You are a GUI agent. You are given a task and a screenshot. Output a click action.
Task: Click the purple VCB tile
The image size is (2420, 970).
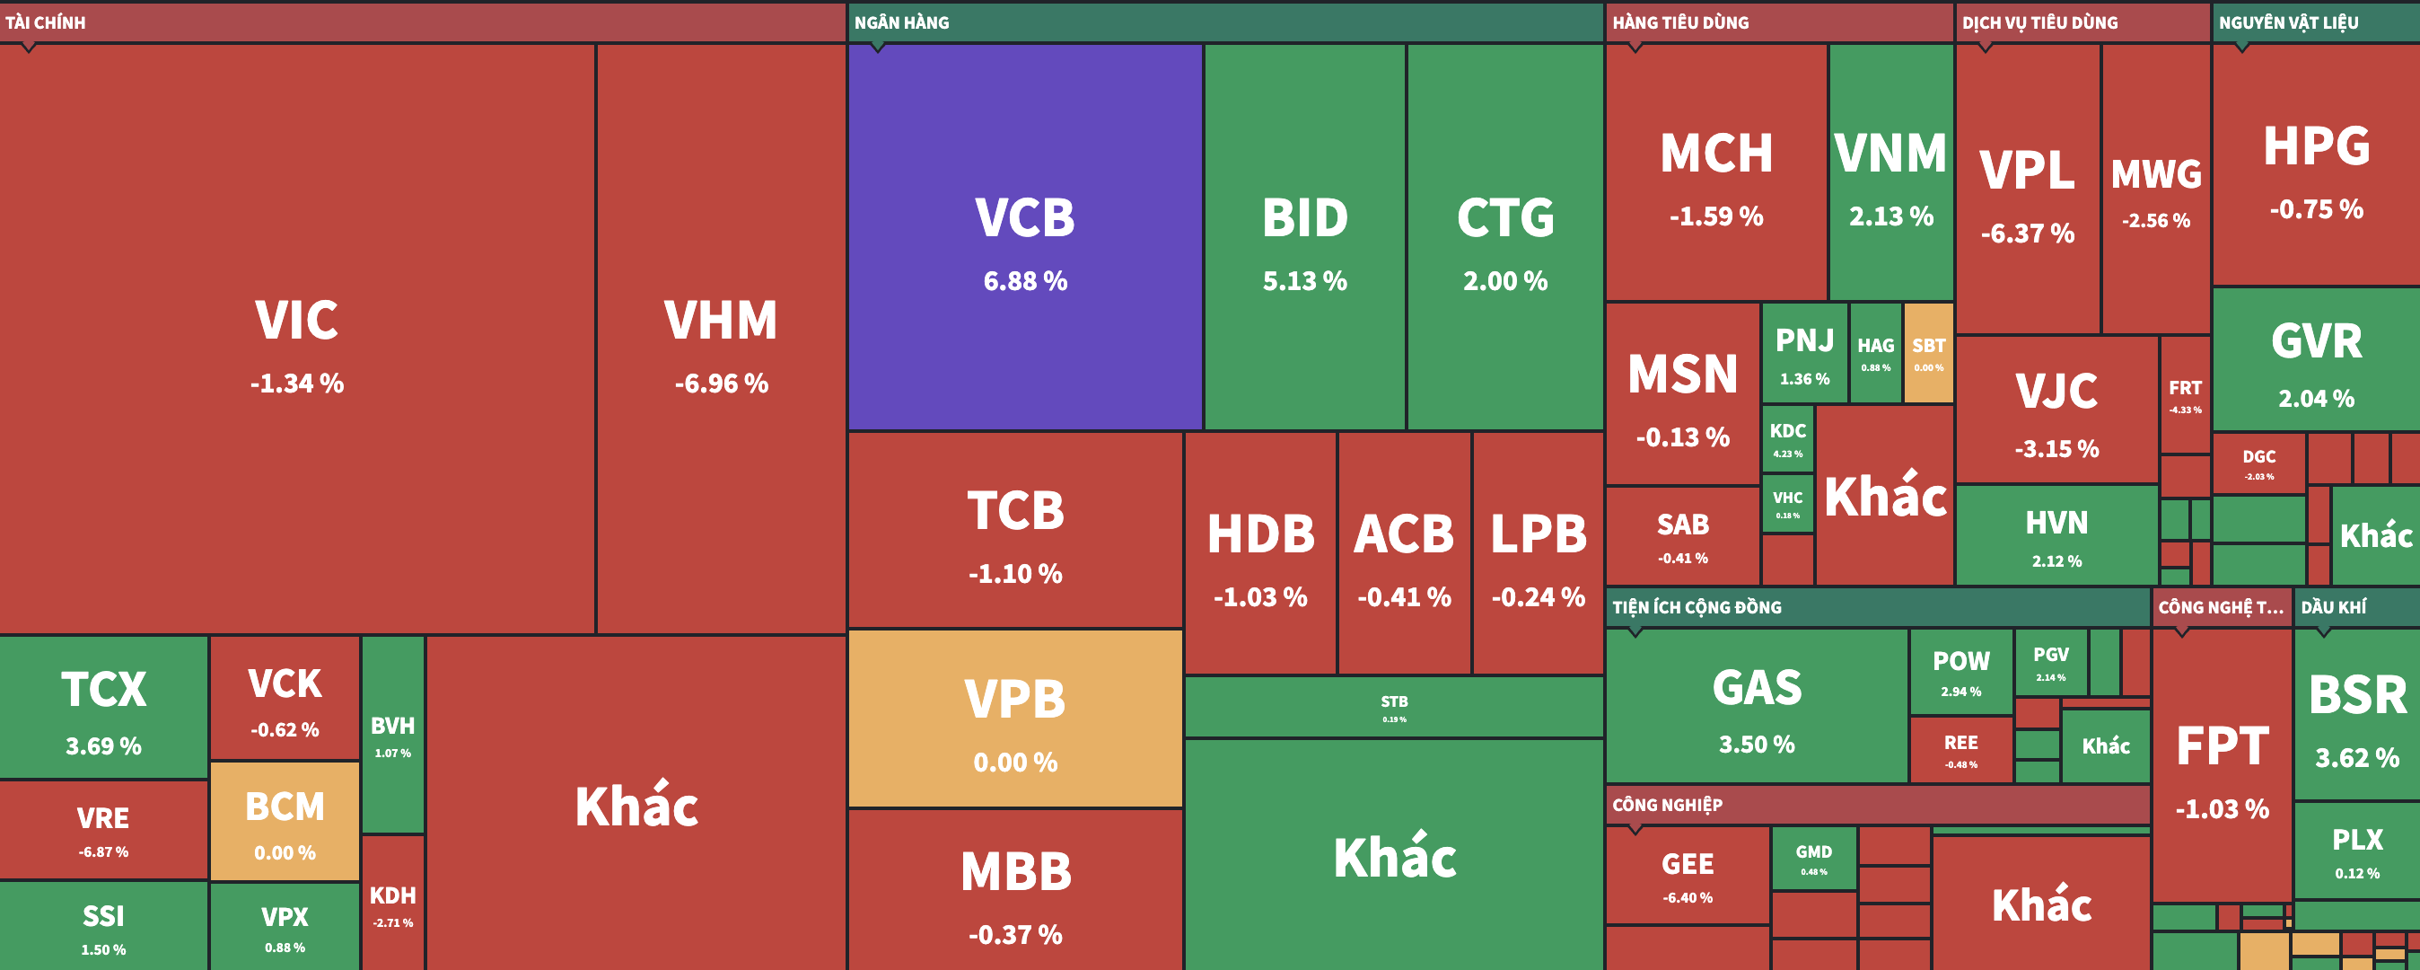(1025, 237)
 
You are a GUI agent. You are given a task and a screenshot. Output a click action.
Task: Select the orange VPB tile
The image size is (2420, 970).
(1014, 719)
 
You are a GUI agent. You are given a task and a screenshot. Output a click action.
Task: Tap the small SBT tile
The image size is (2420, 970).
(1929, 353)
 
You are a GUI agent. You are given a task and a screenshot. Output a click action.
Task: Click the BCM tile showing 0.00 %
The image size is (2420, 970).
(285, 821)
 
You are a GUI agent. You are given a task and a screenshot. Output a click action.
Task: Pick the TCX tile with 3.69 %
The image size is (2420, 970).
(103, 708)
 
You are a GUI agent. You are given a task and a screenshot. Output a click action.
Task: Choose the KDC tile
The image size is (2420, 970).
(1787, 439)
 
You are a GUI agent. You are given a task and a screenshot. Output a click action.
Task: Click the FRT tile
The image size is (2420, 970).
(2184, 395)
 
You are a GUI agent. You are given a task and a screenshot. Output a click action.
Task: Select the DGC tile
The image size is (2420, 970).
(2258, 463)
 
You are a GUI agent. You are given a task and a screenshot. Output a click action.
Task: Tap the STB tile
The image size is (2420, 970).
(1393, 707)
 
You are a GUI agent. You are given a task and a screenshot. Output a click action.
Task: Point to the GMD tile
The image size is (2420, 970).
(1813, 858)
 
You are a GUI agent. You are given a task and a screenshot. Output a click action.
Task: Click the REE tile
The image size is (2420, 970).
(1960, 749)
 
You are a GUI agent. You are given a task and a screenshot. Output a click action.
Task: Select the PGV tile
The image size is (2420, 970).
(2050, 662)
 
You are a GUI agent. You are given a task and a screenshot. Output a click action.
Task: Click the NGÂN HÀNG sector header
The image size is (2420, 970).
(902, 22)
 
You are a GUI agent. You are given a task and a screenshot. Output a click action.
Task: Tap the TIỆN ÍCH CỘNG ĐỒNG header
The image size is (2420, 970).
(1697, 607)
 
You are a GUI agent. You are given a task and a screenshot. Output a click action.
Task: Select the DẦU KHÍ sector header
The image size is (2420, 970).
(2334, 607)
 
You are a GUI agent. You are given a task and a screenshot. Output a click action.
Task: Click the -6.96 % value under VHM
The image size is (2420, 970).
(721, 384)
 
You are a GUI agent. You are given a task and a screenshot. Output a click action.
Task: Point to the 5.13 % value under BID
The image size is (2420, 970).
(1304, 281)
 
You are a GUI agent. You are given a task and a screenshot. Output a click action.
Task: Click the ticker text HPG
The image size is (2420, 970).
(2316, 146)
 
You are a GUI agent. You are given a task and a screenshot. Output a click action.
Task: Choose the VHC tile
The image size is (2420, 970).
(1787, 503)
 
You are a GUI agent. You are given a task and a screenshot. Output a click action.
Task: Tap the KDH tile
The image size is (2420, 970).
(392, 903)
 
